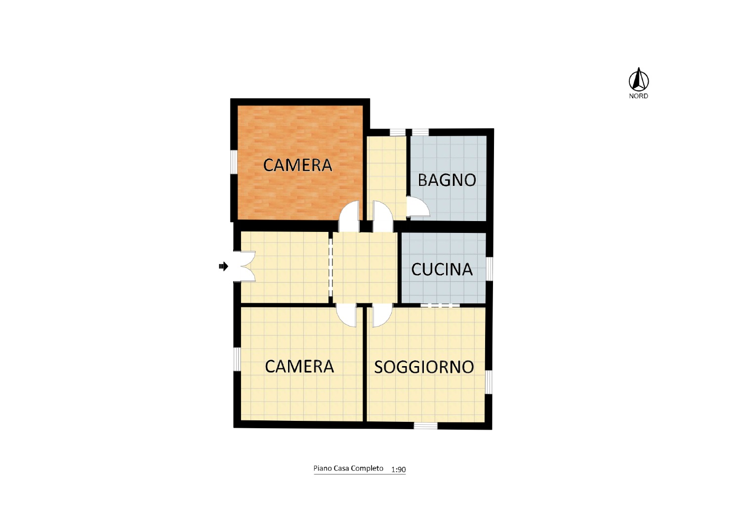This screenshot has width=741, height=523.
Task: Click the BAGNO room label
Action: (447, 180)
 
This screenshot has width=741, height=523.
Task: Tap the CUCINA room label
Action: (442, 269)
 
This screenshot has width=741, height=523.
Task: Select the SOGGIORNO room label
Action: (424, 367)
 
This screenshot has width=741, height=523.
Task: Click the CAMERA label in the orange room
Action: (298, 165)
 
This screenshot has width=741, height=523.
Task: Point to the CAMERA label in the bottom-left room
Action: (299, 367)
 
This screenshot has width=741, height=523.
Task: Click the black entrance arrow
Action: (224, 266)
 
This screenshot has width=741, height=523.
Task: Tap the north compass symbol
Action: (639, 79)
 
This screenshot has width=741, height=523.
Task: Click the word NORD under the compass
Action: (638, 96)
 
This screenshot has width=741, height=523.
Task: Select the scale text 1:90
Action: (399, 470)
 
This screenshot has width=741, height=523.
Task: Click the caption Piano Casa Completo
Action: (348, 469)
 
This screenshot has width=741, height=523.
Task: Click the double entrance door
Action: (245, 266)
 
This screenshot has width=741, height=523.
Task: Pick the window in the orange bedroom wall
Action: (234, 162)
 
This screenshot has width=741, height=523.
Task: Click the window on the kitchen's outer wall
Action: (489, 269)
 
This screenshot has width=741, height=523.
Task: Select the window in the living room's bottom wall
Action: (426, 426)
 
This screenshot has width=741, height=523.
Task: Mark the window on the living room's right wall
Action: (489, 381)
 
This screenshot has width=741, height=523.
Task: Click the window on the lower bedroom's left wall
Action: (237, 359)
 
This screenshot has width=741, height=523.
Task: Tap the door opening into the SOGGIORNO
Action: (382, 315)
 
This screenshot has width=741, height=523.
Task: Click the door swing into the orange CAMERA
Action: (349, 217)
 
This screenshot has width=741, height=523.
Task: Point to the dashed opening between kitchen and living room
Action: (440, 305)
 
